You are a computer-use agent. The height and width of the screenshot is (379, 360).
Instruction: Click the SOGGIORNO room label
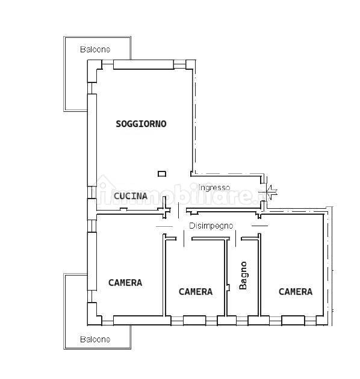[x=141, y=124]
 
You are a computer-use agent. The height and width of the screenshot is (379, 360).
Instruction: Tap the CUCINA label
[x=131, y=196]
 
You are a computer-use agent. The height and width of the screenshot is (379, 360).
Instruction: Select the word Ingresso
[x=214, y=188]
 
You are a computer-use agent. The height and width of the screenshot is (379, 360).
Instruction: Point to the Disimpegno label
[x=211, y=226]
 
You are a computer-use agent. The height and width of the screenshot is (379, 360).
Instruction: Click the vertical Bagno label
[x=243, y=276]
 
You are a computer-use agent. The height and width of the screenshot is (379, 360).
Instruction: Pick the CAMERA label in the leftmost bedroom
[x=125, y=283]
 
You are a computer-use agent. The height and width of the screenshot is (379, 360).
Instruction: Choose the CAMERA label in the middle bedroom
[x=196, y=292]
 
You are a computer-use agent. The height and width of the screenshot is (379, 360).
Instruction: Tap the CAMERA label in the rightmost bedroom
[x=296, y=292]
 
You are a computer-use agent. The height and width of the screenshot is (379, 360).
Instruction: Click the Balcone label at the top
[x=95, y=49]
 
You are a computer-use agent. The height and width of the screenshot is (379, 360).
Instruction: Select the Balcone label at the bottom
[x=95, y=339]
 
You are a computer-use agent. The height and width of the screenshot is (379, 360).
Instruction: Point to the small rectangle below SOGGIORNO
[x=162, y=173]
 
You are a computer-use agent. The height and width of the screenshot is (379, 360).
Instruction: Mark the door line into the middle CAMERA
[x=184, y=239]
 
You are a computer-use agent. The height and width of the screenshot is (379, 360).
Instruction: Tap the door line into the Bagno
[x=235, y=239]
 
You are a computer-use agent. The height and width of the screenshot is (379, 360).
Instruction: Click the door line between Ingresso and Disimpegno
[x=179, y=211]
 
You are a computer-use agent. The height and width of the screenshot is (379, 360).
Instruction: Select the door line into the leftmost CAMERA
[x=164, y=226]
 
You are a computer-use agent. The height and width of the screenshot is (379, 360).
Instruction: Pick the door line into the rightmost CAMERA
[x=259, y=226]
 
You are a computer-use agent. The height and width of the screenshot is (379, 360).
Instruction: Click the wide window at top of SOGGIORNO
[x=144, y=64]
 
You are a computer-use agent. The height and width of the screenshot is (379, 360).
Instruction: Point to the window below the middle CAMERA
[x=194, y=321]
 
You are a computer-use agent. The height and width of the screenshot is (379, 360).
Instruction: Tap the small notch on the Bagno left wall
[x=228, y=288]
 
